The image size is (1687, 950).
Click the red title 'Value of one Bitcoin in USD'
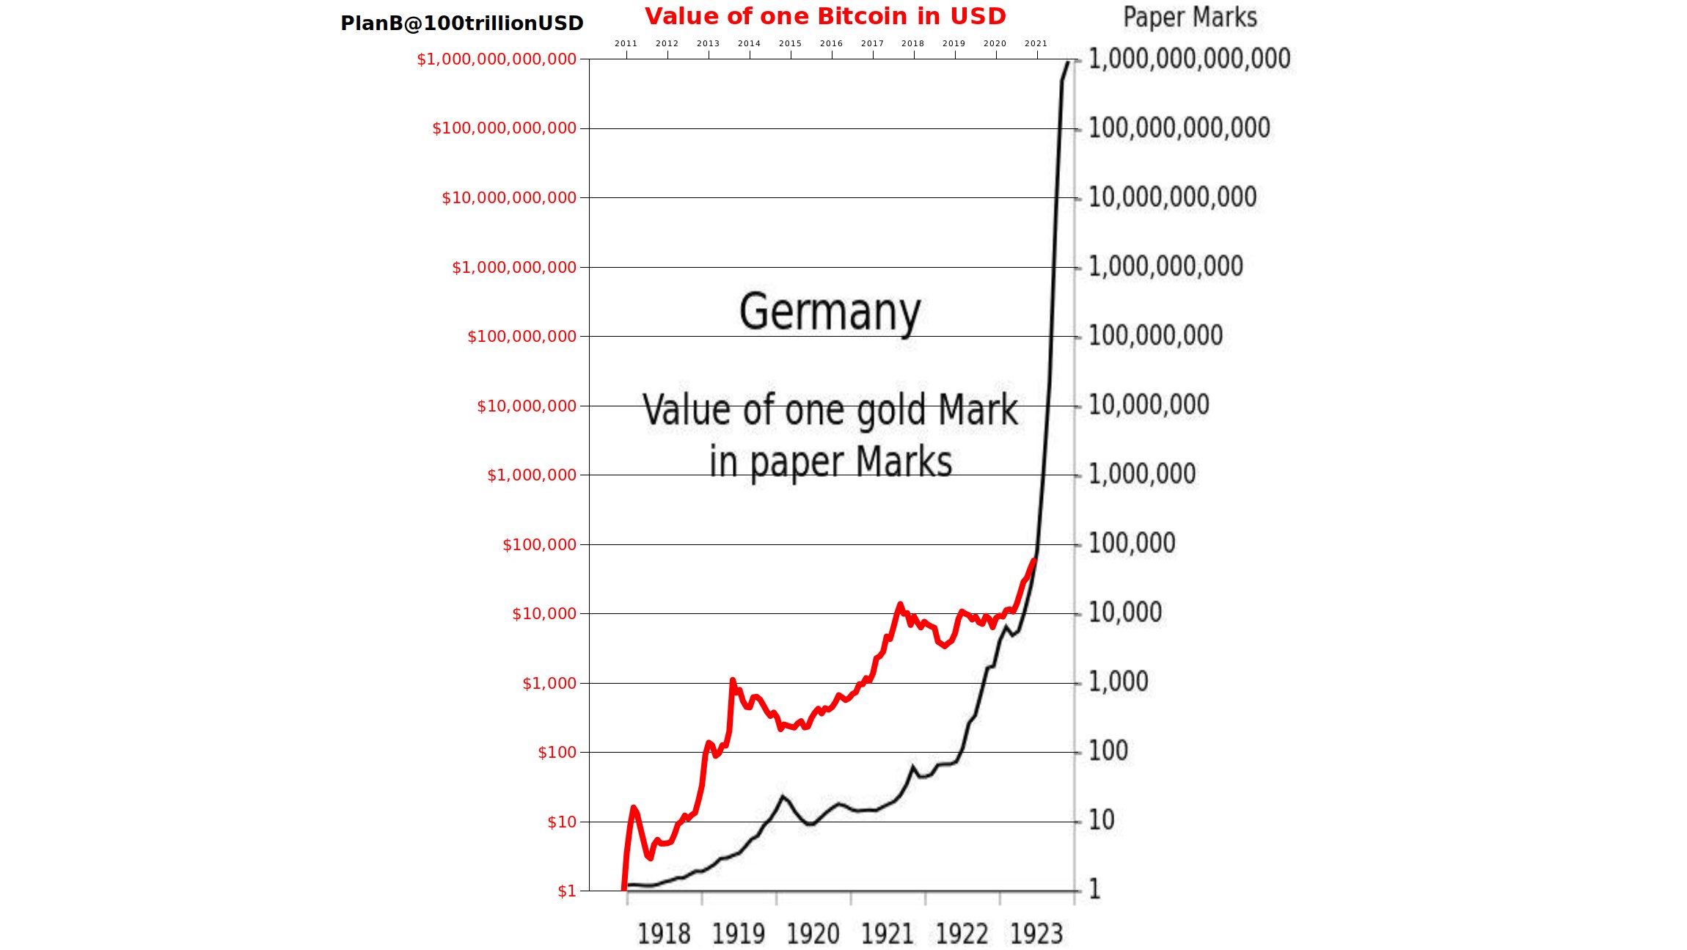pos(825,16)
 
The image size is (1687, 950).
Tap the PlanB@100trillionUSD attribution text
pos(461,23)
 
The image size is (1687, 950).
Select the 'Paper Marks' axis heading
pos(1190,17)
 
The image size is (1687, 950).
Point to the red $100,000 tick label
pos(539,545)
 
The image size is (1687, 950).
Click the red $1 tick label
pos(567,891)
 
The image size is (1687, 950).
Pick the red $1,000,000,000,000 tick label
pos(497,59)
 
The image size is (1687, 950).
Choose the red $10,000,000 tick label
pos(527,406)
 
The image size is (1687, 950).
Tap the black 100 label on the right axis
pos(1108,751)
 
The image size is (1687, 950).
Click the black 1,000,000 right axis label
pos(1141,474)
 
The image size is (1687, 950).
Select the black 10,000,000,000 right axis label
pos(1172,197)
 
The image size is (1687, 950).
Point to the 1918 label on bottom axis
pos(664,935)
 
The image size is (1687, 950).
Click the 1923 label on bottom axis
pos(1036,935)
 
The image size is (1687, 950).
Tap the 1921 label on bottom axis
pos(888,935)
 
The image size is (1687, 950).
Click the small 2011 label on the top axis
pos(626,44)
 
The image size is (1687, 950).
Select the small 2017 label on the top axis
pos(872,44)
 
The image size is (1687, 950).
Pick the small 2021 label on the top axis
pos(1036,44)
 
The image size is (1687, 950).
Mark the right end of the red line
pos(1033,561)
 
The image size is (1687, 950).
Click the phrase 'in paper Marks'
pos(830,463)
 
